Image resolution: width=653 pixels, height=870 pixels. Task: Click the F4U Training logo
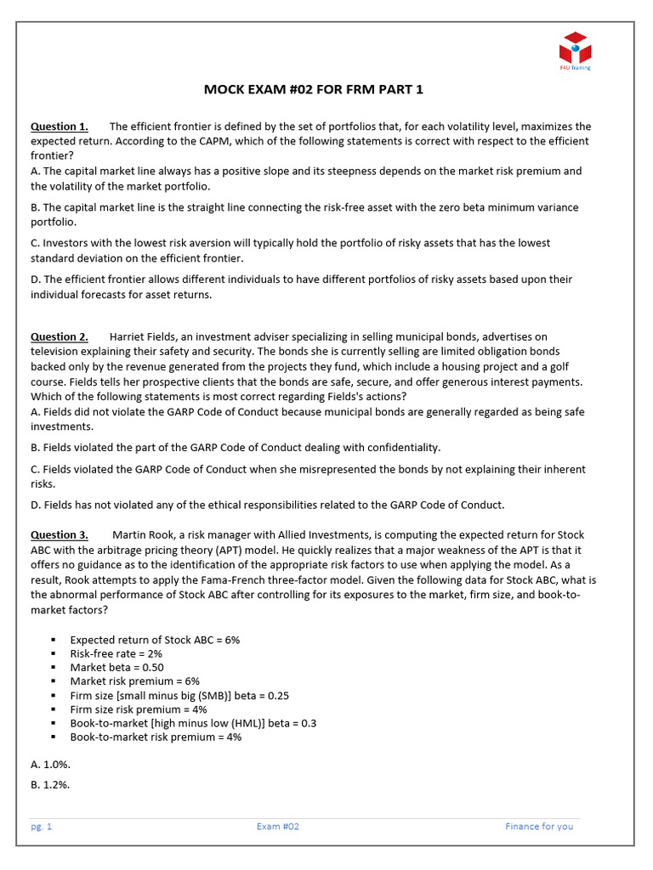tap(575, 50)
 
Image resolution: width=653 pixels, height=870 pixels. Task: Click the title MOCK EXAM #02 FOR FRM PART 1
tap(313, 89)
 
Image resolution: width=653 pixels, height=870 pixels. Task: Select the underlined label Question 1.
tap(59, 127)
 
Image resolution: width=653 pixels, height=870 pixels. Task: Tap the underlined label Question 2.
tap(59, 336)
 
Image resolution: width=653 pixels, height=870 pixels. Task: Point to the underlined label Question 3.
tap(59, 534)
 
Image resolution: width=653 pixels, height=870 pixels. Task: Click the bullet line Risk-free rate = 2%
tap(116, 653)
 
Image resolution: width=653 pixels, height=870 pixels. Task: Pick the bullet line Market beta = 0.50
tap(116, 667)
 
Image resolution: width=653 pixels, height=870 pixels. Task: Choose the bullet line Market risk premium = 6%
tap(134, 681)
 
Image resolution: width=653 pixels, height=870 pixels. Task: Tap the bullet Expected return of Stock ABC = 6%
tap(155, 640)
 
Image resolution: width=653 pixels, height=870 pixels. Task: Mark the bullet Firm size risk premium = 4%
tap(138, 709)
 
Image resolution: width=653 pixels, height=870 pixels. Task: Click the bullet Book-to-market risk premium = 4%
tap(156, 737)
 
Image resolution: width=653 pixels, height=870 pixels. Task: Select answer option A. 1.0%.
tap(50, 764)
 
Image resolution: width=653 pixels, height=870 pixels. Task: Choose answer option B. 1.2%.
tap(50, 784)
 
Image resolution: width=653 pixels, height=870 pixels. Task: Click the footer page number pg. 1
tap(43, 826)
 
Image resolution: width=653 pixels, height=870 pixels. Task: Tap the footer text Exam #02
tap(278, 826)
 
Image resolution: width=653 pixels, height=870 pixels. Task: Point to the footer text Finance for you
tap(539, 826)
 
